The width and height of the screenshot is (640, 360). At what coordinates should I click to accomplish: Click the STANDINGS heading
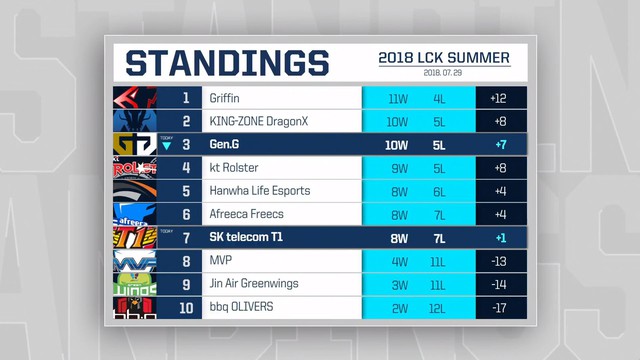[x=226, y=62]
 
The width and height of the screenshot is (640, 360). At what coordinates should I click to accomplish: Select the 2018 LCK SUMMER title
[x=444, y=57]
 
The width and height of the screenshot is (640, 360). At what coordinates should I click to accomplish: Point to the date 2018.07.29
[x=444, y=73]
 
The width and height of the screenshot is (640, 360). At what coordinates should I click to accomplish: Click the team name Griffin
[x=225, y=99]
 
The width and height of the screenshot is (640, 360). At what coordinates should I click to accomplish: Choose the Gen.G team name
[x=226, y=145]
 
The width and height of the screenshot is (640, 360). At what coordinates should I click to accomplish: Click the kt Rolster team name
[x=234, y=168]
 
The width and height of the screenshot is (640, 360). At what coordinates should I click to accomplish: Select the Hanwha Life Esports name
[x=260, y=191]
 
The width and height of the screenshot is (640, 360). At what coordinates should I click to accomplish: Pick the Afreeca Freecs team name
[x=247, y=214]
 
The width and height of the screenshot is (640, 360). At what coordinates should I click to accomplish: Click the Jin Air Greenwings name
[x=254, y=283]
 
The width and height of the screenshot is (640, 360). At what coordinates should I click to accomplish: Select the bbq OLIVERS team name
[x=241, y=306]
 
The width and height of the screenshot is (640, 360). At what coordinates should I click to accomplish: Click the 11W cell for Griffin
[x=398, y=99]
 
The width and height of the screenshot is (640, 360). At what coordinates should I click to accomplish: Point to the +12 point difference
[x=499, y=99]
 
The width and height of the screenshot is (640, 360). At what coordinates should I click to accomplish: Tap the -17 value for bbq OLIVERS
[x=499, y=306]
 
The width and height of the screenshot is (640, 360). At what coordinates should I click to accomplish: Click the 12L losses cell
[x=438, y=306]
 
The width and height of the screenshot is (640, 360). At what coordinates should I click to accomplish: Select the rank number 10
[x=186, y=306]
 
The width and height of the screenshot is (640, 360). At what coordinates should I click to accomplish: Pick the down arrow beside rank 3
[x=167, y=146]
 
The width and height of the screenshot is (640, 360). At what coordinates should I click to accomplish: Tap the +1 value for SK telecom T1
[x=499, y=237]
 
